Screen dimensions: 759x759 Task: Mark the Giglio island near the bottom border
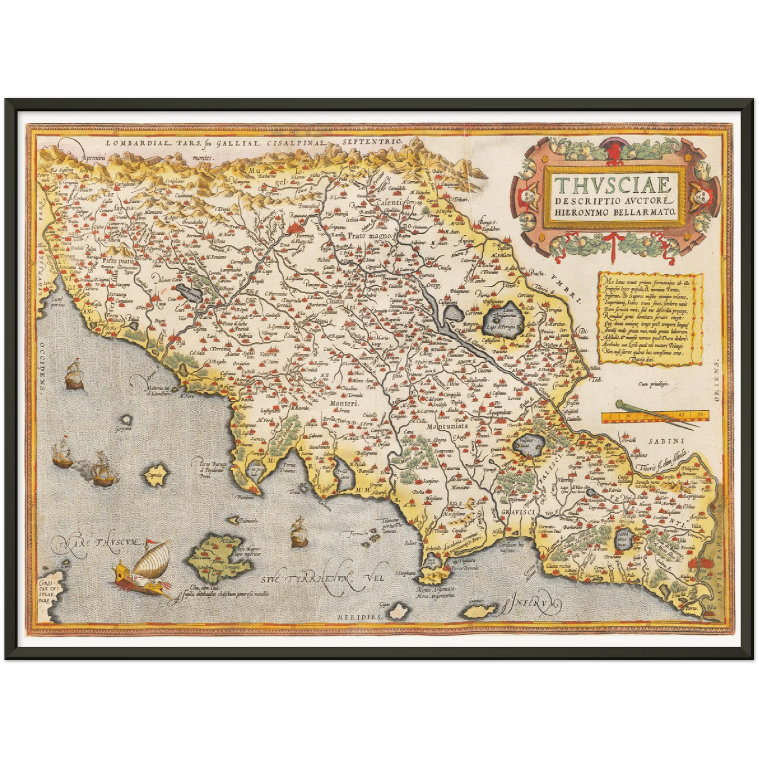point(399,611)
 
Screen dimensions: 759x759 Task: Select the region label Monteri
point(344,404)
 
